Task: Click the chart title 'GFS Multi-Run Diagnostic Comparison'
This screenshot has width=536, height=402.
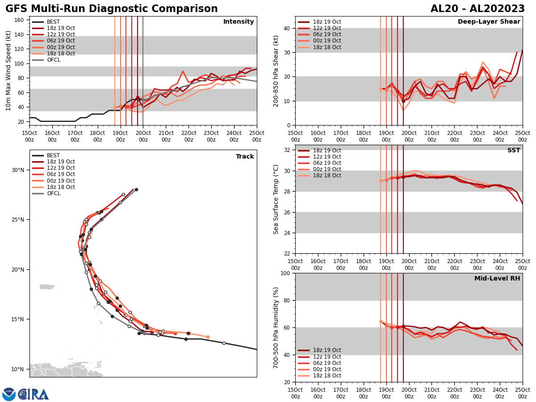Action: (112, 9)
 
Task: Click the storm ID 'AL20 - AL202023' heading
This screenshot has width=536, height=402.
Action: (477, 9)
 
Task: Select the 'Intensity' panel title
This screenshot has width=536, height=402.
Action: (239, 22)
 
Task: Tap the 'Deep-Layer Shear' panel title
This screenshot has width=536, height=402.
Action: (489, 22)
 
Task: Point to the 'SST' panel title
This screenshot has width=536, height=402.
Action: (514, 151)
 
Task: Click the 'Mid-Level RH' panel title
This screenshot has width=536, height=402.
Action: (497, 279)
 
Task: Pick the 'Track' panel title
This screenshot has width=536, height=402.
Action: (245, 157)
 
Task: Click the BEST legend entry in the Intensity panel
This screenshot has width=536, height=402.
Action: (53, 22)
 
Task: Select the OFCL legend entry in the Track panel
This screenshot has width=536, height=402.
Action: (53, 193)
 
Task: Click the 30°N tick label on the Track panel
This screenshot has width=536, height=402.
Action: (18, 170)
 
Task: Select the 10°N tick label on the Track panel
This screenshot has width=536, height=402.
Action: (18, 369)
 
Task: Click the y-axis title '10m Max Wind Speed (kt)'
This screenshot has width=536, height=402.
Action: (8, 71)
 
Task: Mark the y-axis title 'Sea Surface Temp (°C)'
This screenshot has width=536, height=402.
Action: (276, 199)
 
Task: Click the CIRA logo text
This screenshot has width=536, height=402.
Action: (34, 394)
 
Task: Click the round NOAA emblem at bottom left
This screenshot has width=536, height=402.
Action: (9, 394)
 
